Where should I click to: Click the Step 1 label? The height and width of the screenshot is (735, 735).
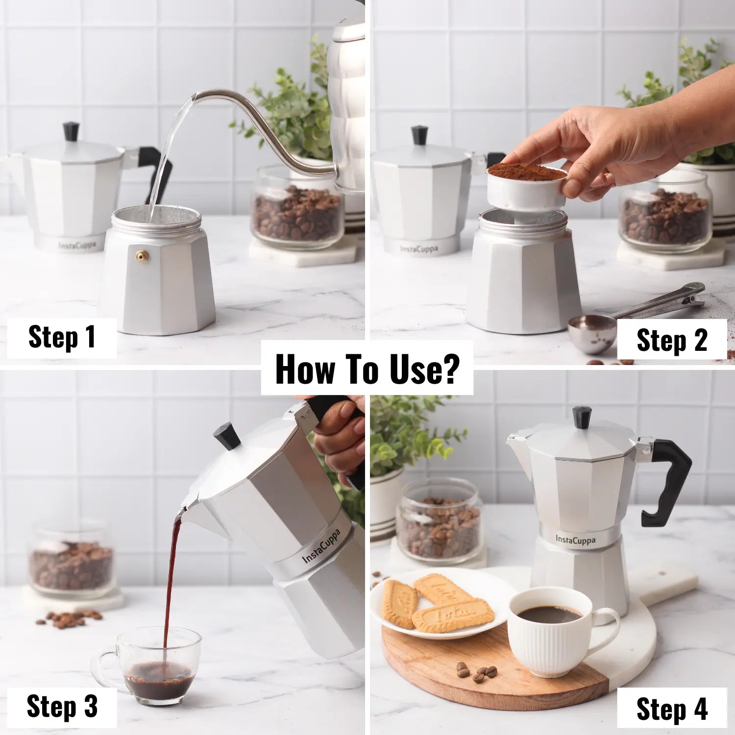point(62,337)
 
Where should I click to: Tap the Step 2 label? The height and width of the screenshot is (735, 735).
point(672,340)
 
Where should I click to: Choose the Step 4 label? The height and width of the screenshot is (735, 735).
point(672,709)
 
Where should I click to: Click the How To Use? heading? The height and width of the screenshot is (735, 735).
point(367,368)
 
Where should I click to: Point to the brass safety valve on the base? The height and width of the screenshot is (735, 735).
point(143,256)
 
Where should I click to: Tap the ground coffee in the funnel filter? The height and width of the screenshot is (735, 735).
point(527,172)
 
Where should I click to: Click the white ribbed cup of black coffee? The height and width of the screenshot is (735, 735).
point(559,632)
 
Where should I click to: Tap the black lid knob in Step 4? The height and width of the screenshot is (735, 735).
point(582,417)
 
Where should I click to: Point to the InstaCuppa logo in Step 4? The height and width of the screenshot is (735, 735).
point(576,540)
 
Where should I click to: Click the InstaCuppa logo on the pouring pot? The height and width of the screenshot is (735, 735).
point(321,546)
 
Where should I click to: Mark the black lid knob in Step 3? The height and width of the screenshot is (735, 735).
point(226,436)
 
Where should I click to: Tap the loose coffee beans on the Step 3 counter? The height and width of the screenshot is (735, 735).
point(69,619)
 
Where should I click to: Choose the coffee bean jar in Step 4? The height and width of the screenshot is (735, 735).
point(440,522)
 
